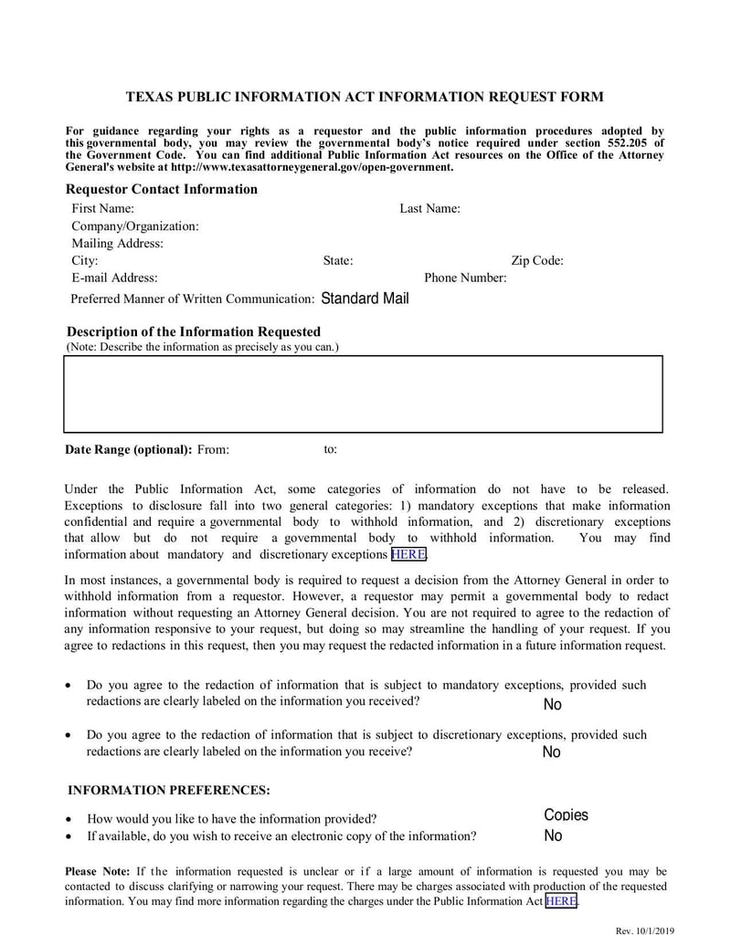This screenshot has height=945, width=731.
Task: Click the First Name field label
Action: (102, 208)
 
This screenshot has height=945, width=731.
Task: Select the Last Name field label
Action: (429, 208)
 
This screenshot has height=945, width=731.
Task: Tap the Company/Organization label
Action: (135, 226)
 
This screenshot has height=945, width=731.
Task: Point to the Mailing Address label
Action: (118, 243)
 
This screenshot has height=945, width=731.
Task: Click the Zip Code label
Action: (537, 260)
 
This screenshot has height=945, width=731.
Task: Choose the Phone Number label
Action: (465, 278)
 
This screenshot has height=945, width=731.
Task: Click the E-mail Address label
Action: (114, 278)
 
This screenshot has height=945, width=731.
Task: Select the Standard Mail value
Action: (365, 299)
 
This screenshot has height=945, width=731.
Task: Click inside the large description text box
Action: (363, 394)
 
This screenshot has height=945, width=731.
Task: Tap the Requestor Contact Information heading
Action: (162, 189)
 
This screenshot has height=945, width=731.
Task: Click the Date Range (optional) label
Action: (128, 449)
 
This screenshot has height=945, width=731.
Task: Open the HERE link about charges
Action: (561, 901)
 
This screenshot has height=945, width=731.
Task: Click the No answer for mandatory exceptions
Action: (552, 705)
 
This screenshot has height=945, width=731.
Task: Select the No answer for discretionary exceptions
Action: (551, 752)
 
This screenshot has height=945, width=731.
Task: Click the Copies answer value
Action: (566, 815)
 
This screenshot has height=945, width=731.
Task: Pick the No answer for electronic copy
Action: (553, 836)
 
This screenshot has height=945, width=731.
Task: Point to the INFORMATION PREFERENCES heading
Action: (169, 790)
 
